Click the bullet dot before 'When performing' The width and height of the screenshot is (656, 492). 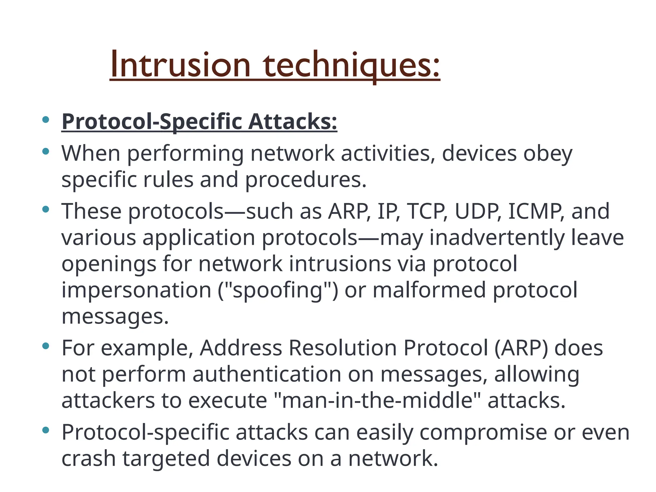45,152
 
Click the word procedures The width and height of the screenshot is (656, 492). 306,180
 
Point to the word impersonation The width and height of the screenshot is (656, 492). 136,290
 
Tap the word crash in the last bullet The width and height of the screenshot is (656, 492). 88,459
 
